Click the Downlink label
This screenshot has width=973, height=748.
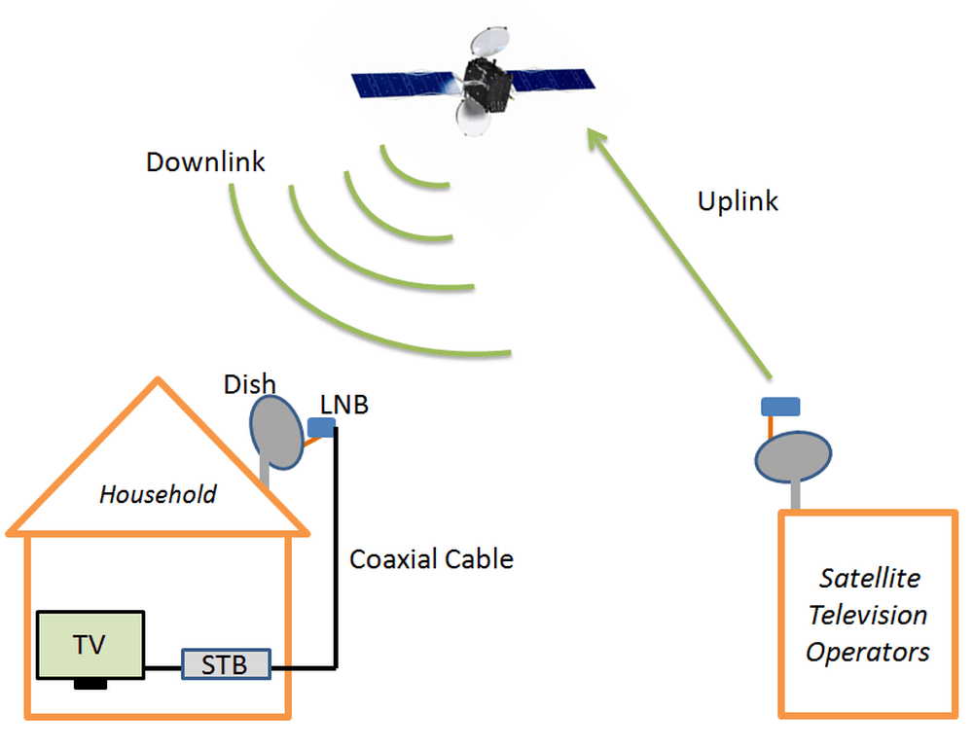pos(205,161)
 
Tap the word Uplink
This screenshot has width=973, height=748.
pos(739,201)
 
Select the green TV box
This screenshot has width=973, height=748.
pos(90,645)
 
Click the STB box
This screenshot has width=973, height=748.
pos(226,664)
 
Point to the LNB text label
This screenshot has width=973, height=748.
pos(344,405)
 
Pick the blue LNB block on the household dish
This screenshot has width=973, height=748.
pos(319,427)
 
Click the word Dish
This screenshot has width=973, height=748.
pos(249,385)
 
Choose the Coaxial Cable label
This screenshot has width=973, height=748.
pos(431,559)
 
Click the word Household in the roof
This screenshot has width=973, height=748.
pos(158,494)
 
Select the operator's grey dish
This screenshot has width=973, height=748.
pos(794,456)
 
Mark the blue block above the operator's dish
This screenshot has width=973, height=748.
pos(779,405)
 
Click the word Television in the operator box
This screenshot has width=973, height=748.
pos(868,615)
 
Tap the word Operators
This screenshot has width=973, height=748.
pos(867,651)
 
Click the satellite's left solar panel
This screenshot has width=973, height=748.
pos(401,86)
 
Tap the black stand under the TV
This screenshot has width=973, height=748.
pos(90,685)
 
